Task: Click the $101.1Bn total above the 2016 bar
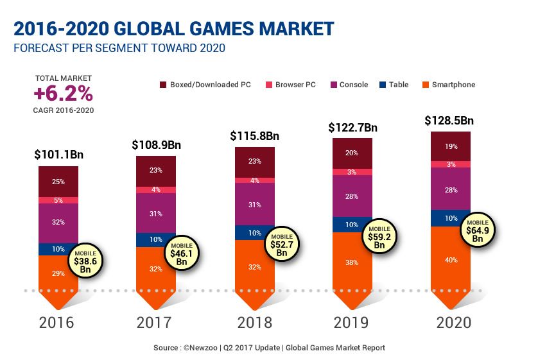[58, 155]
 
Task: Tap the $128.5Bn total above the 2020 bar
[449, 120]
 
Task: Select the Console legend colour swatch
[333, 85]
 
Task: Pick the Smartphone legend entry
[453, 85]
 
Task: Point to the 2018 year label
[255, 322]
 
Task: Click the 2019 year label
[352, 322]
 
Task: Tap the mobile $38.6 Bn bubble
[85, 258]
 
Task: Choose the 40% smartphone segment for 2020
[451, 260]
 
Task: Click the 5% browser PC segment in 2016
[58, 200]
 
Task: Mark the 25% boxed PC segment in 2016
[58, 182]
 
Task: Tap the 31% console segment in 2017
[156, 213]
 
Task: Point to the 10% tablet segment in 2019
[352, 225]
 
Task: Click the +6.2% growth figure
[63, 94]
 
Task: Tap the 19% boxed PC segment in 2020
[451, 146]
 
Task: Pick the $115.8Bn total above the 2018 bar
[255, 136]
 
